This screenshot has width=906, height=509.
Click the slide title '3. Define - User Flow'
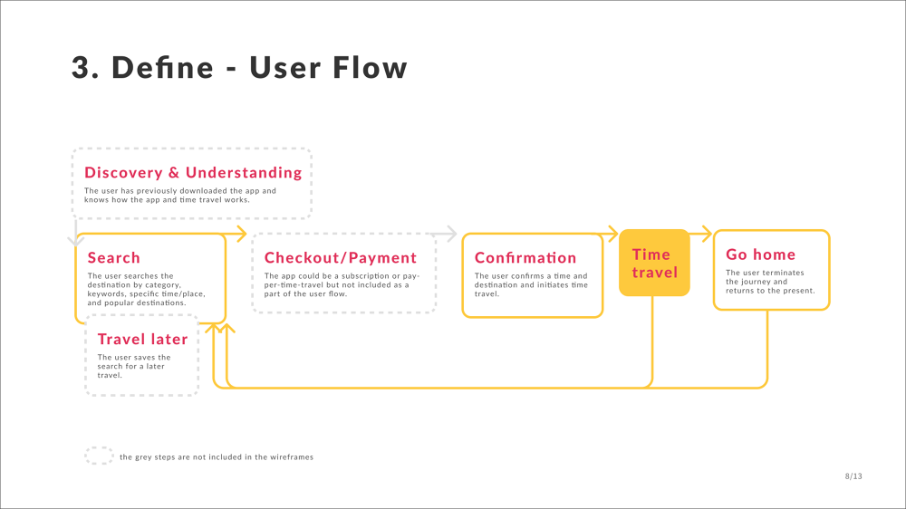[x=239, y=68]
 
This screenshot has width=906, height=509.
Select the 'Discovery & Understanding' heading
[x=193, y=172]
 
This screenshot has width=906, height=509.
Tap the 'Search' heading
[x=114, y=258]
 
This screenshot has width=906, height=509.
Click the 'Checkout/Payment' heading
[x=341, y=258]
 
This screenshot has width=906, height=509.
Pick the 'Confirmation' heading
[x=525, y=258]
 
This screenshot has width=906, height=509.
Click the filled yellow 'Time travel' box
[x=654, y=263]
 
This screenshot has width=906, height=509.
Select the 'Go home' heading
[x=761, y=254]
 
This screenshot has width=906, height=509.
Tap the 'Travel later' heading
[x=142, y=340]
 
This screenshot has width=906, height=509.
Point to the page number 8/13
[x=853, y=475]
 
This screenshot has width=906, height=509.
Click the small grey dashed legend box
[x=99, y=456]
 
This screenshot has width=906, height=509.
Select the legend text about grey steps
[x=217, y=457]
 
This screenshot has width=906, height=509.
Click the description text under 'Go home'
[x=770, y=282]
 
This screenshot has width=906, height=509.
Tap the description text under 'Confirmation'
[x=531, y=284]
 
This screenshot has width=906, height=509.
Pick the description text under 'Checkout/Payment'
[x=341, y=284]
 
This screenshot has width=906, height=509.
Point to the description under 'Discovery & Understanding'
[x=179, y=196]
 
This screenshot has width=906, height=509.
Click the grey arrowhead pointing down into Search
[x=74, y=240]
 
